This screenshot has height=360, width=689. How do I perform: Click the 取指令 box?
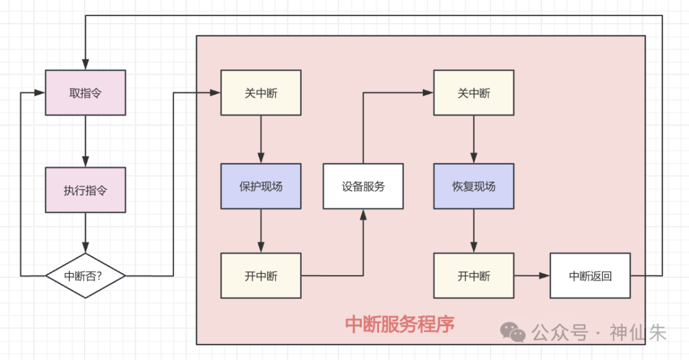[x=85, y=93]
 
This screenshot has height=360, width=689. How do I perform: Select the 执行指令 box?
[x=85, y=190]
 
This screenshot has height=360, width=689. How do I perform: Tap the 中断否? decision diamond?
[x=85, y=276]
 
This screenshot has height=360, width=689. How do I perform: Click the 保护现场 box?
[x=261, y=186]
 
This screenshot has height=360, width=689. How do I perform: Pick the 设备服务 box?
[x=363, y=186]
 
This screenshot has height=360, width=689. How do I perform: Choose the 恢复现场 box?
[x=474, y=186]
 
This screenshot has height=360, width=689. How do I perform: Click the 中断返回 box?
[x=590, y=276]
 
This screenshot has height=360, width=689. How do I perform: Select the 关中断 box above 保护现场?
[x=261, y=93]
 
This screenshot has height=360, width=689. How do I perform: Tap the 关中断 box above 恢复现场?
[x=474, y=93]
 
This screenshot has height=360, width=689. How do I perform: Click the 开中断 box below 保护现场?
[x=261, y=276]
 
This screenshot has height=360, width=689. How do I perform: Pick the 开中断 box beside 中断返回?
[x=474, y=276]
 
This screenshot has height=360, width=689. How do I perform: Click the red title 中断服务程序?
[x=400, y=324]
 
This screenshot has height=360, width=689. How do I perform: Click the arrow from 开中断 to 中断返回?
[x=532, y=276]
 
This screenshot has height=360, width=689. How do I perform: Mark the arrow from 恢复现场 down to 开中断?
[x=474, y=231]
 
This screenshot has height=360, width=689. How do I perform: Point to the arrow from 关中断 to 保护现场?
[x=261, y=139]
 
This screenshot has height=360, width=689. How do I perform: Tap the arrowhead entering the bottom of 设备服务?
[x=363, y=215]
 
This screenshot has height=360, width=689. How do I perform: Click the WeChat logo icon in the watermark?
[x=513, y=331]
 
